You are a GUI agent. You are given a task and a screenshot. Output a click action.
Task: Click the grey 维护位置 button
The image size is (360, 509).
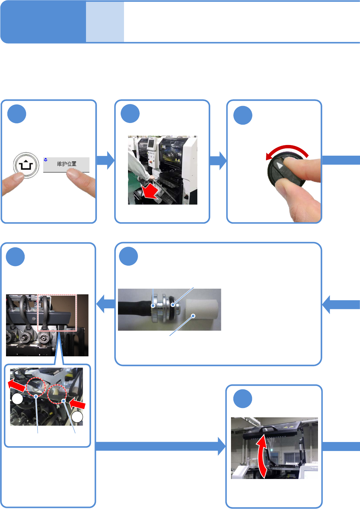pyautogui.click(x=66, y=164)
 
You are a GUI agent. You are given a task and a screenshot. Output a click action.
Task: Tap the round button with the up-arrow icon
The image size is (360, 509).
pyautogui.click(x=26, y=165)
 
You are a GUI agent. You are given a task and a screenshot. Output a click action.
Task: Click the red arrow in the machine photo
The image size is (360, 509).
pyautogui.click(x=149, y=191)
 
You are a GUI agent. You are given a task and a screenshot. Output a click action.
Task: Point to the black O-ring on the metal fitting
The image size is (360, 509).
pyautogui.click(x=173, y=305)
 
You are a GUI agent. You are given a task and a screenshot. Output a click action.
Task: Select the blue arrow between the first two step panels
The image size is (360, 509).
pyautogui.click(x=106, y=160)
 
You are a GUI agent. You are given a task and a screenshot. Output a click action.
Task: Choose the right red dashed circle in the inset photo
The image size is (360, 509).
pyautogui.click(x=57, y=394)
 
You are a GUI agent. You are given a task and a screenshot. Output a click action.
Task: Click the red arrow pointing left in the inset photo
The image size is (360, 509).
pyautogui.click(x=17, y=385)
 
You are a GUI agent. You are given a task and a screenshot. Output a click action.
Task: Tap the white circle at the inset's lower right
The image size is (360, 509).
pyautogui.click(x=77, y=417)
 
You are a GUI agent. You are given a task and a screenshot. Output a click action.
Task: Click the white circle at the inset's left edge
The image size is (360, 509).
pyautogui.click(x=17, y=399)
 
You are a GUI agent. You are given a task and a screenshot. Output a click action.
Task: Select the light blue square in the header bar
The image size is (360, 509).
pyautogui.click(x=105, y=22)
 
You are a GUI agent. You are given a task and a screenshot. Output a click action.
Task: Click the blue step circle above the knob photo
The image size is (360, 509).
pyautogui.click(x=243, y=115)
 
